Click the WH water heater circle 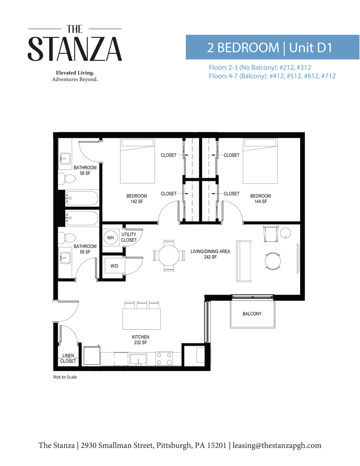(x=110, y=238)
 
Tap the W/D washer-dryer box (x=114, y=266)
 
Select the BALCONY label (x=253, y=314)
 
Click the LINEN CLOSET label (x=68, y=358)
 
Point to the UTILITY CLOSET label (x=129, y=237)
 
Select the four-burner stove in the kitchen (x=163, y=359)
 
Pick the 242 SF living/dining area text (x=210, y=254)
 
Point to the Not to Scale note (x=65, y=377)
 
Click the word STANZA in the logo (x=75, y=49)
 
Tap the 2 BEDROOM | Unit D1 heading (x=272, y=47)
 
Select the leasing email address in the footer (x=277, y=445)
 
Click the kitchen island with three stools (x=142, y=318)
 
